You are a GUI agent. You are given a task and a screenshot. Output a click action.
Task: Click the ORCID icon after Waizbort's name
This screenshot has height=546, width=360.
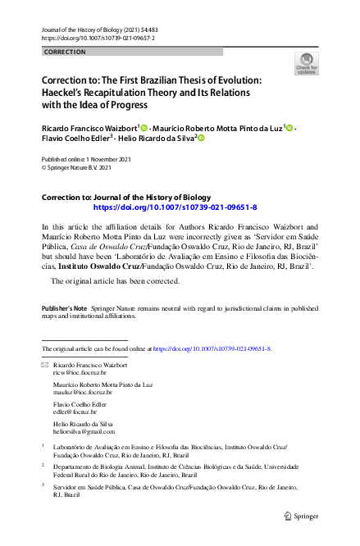tap(144, 129)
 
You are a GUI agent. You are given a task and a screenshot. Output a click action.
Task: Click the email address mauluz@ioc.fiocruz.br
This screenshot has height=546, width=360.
tap(80, 392)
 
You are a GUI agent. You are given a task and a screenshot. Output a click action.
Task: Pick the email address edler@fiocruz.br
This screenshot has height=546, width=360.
tap(75, 411)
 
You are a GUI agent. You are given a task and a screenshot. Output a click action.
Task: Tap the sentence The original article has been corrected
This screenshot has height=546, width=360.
tap(116, 281)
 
